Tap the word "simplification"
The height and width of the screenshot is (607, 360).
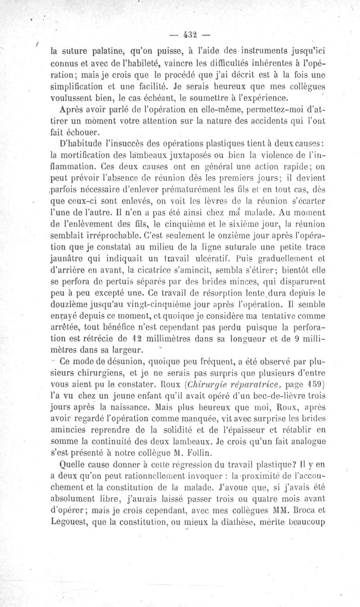79,86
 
